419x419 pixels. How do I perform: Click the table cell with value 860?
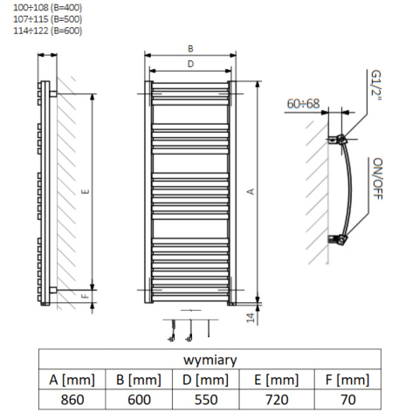click(72, 400)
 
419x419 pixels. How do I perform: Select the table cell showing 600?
click(139, 400)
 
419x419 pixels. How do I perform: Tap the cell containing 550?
click(206, 400)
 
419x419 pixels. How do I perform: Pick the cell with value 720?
click(277, 400)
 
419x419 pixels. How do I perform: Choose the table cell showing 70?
click(348, 400)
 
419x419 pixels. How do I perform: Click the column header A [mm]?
click(72, 380)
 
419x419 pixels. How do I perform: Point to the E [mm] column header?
click(277, 380)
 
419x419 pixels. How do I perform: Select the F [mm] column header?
click(348, 380)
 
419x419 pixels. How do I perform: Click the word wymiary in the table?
click(210, 360)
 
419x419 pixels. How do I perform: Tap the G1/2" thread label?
click(376, 85)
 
